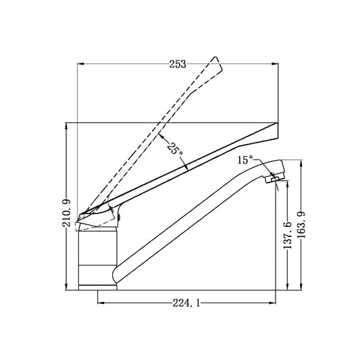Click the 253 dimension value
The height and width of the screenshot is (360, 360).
pos(178,64)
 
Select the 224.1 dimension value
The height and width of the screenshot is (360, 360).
pos(186,304)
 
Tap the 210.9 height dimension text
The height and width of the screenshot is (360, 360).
pos(67,213)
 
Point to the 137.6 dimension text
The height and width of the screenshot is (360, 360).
pos(288,235)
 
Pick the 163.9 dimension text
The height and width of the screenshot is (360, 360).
pos(301,225)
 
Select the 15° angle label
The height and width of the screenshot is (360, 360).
pos(245,160)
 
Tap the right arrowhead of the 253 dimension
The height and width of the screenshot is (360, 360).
pos(275,63)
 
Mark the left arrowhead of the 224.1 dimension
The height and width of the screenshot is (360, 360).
pos(101,303)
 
